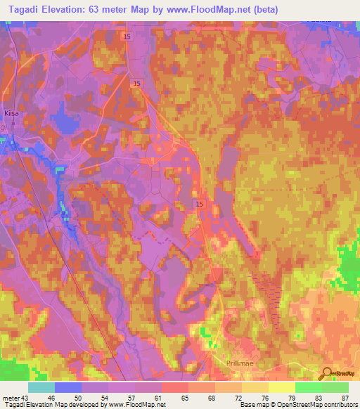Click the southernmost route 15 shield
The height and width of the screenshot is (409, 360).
[x=199, y=202]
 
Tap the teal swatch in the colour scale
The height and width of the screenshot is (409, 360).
[x=41, y=387]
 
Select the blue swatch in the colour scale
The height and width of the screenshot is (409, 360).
[x=67, y=387]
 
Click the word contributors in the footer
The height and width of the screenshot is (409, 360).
[x=339, y=405]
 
